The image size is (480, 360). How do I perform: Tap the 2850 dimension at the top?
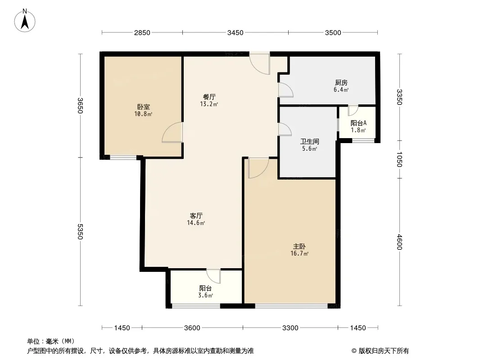point(142,33)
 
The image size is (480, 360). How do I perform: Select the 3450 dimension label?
point(235,33)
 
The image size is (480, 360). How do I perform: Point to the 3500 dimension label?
point(333,33)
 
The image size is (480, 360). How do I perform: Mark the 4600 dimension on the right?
point(399,242)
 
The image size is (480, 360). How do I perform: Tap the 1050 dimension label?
point(399,159)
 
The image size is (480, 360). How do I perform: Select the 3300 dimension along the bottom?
point(290,328)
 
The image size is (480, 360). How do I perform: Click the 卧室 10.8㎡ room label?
point(143,110)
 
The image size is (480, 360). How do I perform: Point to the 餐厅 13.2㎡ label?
point(209,100)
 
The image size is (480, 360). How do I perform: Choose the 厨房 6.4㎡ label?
point(341,86)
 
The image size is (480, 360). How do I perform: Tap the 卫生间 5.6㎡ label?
point(309,145)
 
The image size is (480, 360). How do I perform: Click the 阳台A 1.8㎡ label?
point(358,126)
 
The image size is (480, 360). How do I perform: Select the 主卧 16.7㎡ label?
point(299,250)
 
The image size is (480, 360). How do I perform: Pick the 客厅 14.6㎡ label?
point(196,219)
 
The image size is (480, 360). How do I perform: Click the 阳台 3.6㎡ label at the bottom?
point(205,292)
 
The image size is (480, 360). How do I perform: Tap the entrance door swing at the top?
point(260,63)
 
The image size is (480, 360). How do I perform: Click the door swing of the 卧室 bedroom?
point(172,132)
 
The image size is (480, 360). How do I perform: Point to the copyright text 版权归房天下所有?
point(384,351)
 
